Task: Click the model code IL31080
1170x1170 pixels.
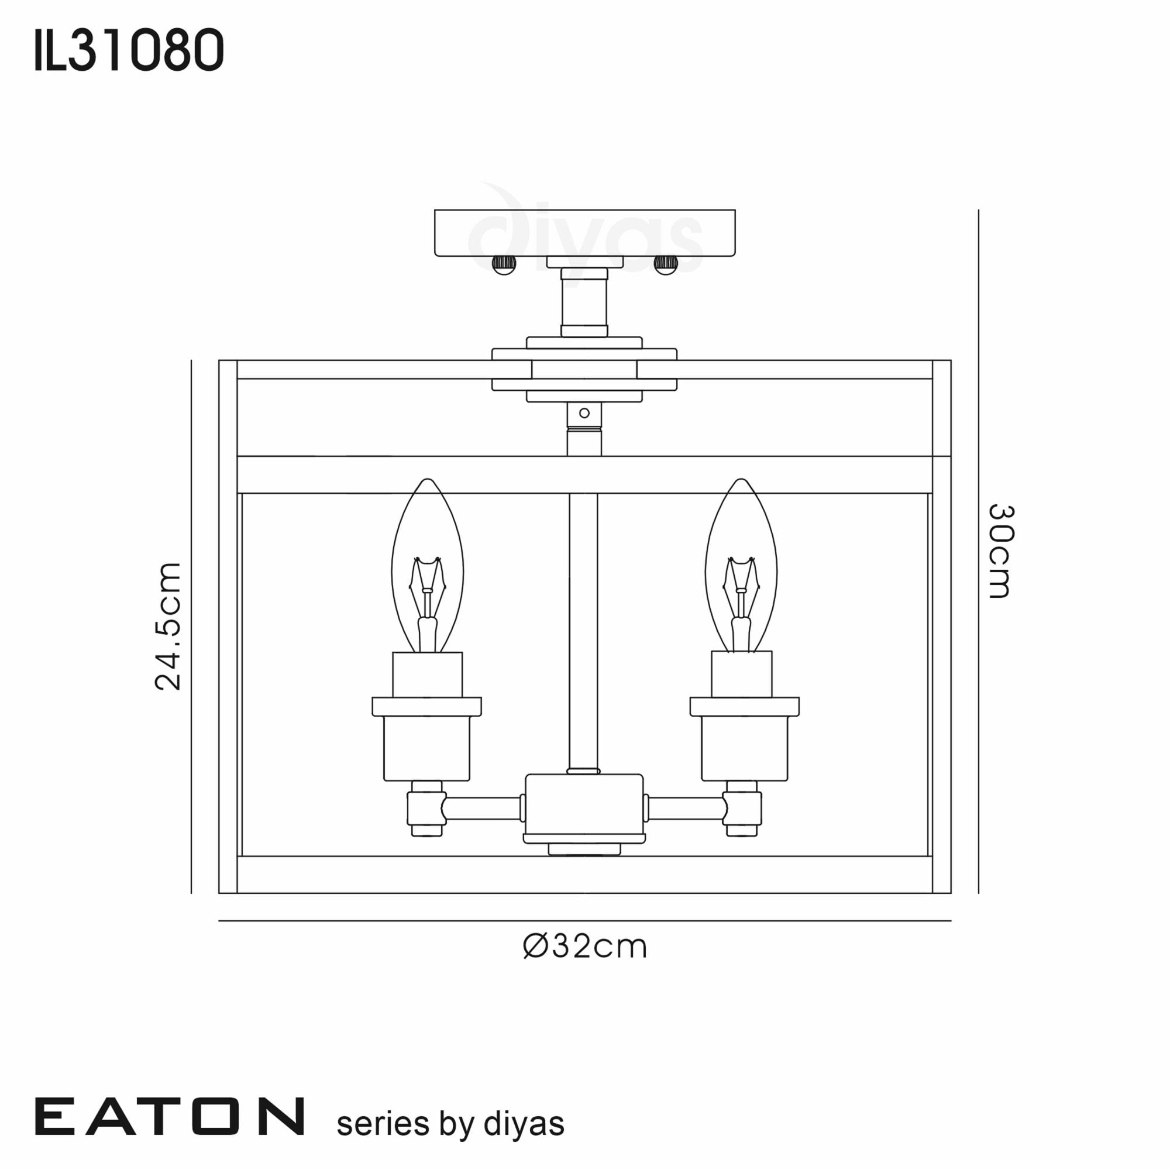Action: click(x=129, y=51)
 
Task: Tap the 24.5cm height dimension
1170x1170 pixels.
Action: click(x=168, y=626)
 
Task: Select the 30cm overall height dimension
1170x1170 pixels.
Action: click(x=1000, y=551)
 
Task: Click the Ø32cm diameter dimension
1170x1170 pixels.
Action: click(x=584, y=946)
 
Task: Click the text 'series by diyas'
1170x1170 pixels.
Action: click(x=450, y=1124)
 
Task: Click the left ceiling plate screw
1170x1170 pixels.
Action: click(x=503, y=264)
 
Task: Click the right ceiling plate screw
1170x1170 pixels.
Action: click(x=666, y=264)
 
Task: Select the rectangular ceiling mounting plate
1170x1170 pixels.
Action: click(x=584, y=233)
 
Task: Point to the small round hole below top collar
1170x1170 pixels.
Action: click(x=584, y=413)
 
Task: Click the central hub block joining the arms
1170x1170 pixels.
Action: click(x=584, y=803)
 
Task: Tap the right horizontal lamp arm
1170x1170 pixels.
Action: click(x=686, y=808)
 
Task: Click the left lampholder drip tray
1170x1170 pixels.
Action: click(x=426, y=706)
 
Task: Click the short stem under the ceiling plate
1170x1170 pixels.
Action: click(x=584, y=303)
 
